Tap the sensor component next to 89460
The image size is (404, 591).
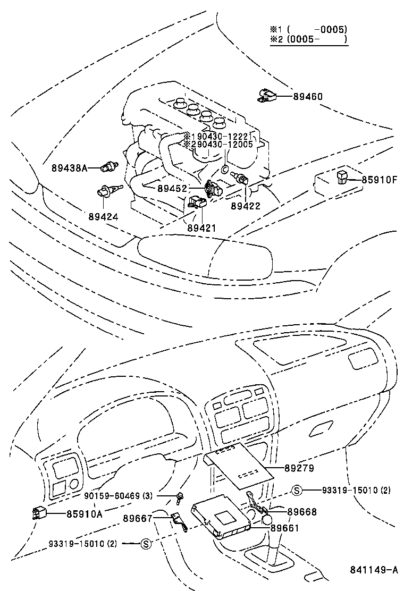pyautogui.click(x=267, y=95)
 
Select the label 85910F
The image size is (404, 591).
pyautogui.click(x=380, y=180)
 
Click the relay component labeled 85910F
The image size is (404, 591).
pyautogui.click(x=342, y=178)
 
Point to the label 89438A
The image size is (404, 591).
pyautogui.click(x=69, y=167)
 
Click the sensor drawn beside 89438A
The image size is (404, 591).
pyautogui.click(x=109, y=166)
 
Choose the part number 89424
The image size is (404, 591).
pyautogui.click(x=104, y=217)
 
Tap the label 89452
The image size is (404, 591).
pyautogui.click(x=172, y=188)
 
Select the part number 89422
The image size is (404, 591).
pyautogui.click(x=246, y=206)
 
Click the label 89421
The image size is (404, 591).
pyautogui.click(x=201, y=227)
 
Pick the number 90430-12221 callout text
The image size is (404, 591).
pyautogui.click(x=224, y=137)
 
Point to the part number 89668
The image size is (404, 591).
pyautogui.click(x=302, y=512)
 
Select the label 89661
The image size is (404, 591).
pyautogui.click(x=285, y=528)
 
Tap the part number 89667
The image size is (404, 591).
pyautogui.click(x=138, y=518)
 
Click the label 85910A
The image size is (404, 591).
pyautogui.click(x=84, y=513)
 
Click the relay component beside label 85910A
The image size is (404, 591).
pyautogui.click(x=40, y=513)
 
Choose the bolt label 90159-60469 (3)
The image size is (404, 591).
pyautogui.click(x=119, y=496)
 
